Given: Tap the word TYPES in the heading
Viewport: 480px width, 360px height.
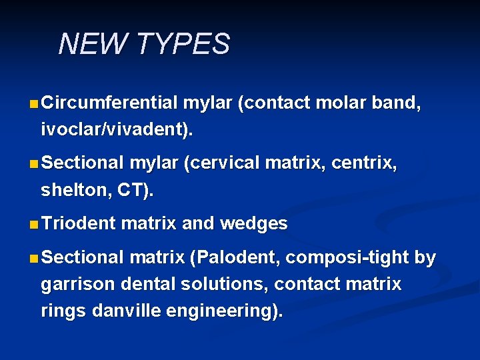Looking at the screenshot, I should click(183, 45).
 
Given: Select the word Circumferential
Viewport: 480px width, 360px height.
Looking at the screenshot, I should click(109, 103).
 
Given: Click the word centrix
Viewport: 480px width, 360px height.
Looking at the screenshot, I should click(363, 163).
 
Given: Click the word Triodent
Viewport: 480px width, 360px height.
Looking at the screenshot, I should click(78, 224).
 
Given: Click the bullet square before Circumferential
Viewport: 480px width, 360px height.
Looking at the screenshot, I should click(33, 104).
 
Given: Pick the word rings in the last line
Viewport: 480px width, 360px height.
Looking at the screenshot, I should click(64, 312).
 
